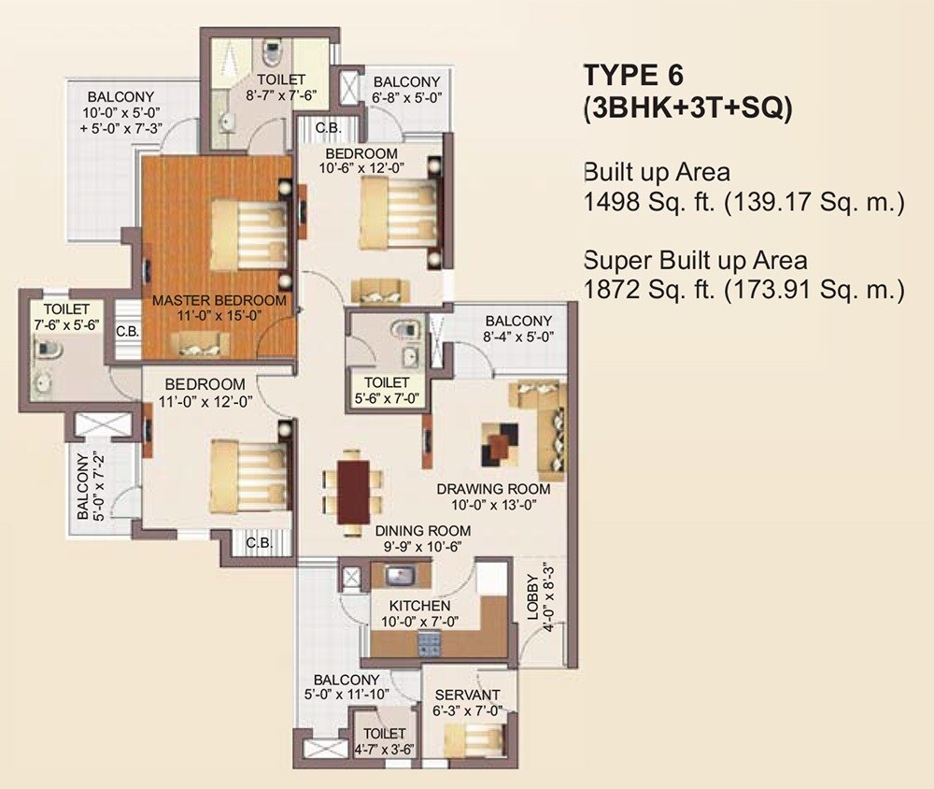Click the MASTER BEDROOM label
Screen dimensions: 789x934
(219, 300)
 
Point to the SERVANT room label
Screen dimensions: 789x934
(468, 695)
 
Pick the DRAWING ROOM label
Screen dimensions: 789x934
(494, 489)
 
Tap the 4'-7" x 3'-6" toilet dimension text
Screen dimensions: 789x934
(385, 749)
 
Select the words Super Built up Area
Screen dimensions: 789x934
(695, 260)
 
